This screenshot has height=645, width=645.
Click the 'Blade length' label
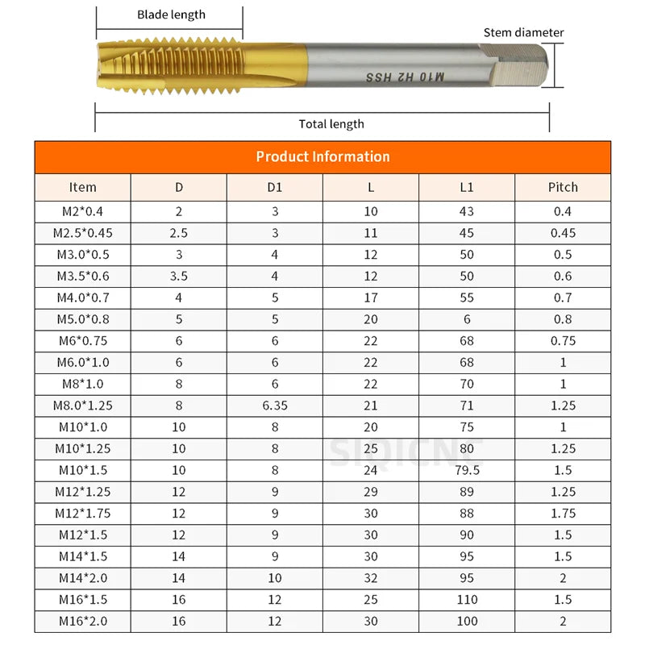tap(171, 15)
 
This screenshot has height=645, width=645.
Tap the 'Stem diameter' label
tap(523, 33)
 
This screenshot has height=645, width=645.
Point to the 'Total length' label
tap(331, 124)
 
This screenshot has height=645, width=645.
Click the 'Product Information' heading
tap(322, 156)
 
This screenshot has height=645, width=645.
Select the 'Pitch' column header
tap(563, 187)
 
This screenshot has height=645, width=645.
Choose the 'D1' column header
tap(274, 187)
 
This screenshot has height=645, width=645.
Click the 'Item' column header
tap(82, 187)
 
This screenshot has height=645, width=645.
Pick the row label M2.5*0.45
tap(82, 233)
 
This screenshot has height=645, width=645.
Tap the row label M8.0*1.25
tap(82, 406)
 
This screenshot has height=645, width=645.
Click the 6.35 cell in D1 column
tap(274, 406)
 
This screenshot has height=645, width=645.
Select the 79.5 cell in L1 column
tap(467, 470)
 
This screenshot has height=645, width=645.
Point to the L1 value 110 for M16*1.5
tap(467, 600)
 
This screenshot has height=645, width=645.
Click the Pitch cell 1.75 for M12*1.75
tap(563, 514)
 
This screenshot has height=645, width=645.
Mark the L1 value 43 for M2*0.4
tap(467, 212)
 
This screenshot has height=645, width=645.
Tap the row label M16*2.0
tap(82, 622)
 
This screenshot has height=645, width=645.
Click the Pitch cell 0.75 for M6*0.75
tap(563, 341)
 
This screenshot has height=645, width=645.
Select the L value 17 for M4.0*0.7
tap(371, 298)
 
